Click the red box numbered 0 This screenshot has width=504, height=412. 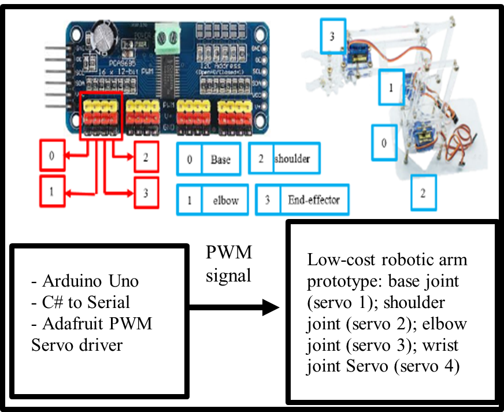(x=52, y=156)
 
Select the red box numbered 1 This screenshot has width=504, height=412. (x=52, y=192)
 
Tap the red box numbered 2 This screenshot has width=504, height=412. (x=146, y=157)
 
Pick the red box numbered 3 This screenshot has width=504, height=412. (x=146, y=192)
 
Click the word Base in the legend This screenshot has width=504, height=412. (x=220, y=159)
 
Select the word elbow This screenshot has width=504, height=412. (x=225, y=200)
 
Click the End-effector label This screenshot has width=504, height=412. (x=314, y=200)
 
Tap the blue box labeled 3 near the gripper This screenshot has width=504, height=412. (x=332, y=36)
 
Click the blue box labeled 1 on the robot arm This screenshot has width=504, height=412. (x=391, y=88)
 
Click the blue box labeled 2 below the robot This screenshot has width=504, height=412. (x=423, y=193)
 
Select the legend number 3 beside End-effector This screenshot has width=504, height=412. (x=268, y=200)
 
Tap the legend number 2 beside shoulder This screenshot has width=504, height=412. (x=261, y=158)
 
